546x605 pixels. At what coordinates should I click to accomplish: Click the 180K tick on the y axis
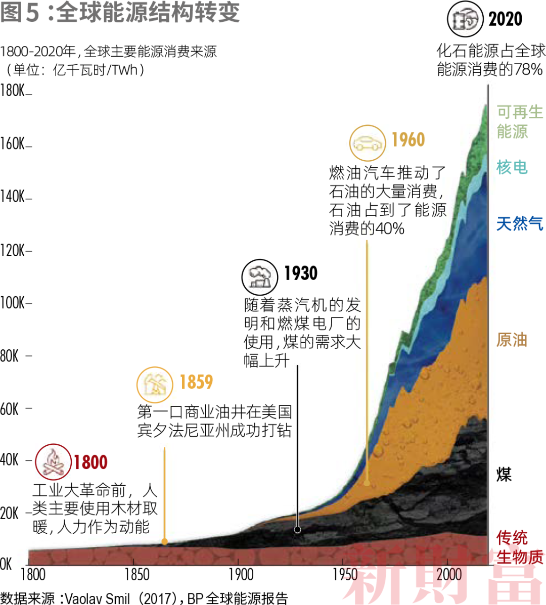coord(13,91)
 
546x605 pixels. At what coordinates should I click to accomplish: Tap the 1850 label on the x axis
coord(137,575)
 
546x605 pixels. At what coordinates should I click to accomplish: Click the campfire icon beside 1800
coord(53,461)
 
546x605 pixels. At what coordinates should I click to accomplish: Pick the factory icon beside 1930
coord(260,276)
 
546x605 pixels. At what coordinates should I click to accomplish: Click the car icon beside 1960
coord(368,143)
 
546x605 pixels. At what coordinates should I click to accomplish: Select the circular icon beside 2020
coord(465,19)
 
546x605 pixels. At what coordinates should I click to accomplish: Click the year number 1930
coord(301,273)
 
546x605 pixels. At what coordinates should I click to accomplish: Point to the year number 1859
coord(196,382)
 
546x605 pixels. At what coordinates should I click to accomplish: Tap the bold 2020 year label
coord(505,19)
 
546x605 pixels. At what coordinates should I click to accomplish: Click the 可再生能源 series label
coord(519,122)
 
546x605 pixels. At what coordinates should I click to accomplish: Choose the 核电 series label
coord(512,167)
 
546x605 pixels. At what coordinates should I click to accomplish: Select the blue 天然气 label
coord(519,223)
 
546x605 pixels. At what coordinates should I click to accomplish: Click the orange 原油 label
coord(512,340)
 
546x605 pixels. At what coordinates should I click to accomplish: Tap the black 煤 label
coord(504,474)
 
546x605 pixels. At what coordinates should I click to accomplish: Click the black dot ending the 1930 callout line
coord(298,529)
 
